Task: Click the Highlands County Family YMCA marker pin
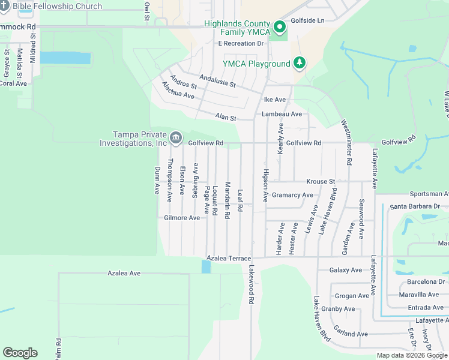[279, 27]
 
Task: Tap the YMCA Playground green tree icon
[299, 63]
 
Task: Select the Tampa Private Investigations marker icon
[175, 139]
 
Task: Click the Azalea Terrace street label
[229, 258]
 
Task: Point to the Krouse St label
[321, 181]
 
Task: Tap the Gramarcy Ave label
[292, 195]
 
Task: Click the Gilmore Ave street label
[182, 218]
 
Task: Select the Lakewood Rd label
[252, 285]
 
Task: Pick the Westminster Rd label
[346, 142]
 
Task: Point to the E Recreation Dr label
[241, 44]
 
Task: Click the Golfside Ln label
[307, 20]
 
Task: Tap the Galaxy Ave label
[346, 270]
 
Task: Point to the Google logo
[20, 353]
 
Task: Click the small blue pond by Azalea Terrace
[206, 266]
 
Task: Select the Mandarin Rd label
[228, 200]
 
